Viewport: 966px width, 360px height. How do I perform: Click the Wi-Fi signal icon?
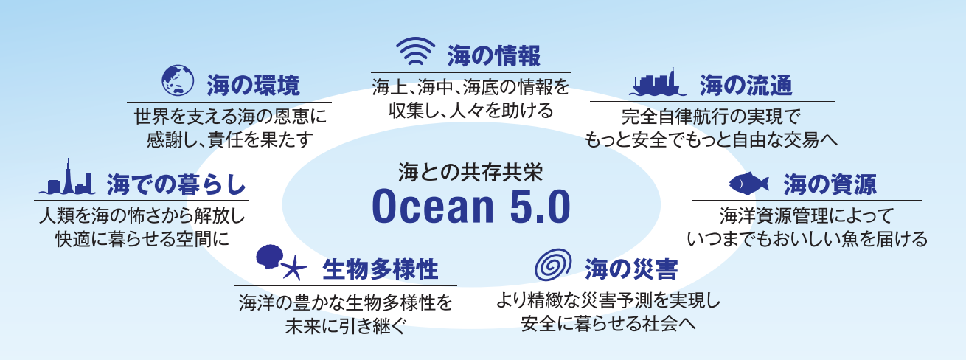click(x=415, y=52)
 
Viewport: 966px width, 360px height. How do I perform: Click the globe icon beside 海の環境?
click(x=178, y=80)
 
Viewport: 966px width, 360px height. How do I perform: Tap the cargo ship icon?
click(x=658, y=83)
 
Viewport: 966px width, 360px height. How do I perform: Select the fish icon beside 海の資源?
click(x=749, y=184)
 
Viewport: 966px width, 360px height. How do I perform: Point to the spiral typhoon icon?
click(x=553, y=265)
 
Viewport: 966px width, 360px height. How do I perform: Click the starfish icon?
click(x=294, y=267)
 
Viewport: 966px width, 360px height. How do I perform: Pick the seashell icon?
click(x=270, y=257)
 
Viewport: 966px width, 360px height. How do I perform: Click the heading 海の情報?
click(x=494, y=55)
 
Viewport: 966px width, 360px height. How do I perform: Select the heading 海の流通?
click(x=746, y=85)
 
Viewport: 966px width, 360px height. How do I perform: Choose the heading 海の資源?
click(x=830, y=184)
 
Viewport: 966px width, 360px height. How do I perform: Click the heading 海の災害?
click(x=631, y=269)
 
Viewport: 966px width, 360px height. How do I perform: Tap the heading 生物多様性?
click(x=381, y=269)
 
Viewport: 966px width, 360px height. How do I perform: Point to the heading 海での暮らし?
click(x=176, y=184)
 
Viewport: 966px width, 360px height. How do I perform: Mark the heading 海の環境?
click(x=253, y=85)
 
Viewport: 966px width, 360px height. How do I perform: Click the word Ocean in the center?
click(x=433, y=207)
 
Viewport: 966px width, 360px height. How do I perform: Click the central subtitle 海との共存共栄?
click(x=470, y=173)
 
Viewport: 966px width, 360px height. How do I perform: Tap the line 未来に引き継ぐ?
click(x=346, y=326)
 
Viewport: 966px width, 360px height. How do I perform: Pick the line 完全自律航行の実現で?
click(x=711, y=117)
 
